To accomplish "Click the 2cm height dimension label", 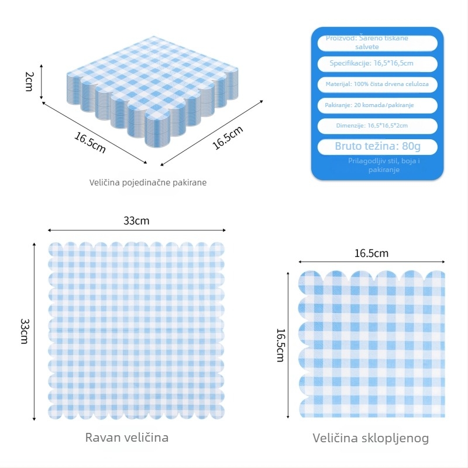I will (x=28, y=81).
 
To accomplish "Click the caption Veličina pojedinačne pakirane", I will (x=148, y=183).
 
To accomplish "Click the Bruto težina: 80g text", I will (x=377, y=146).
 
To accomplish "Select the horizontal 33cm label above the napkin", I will (x=136, y=221).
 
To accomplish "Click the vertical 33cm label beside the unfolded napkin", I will (x=24, y=331).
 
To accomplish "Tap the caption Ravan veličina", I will (x=127, y=437).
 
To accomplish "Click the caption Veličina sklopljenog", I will (x=371, y=438).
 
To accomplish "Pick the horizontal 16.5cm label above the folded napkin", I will (x=371, y=253).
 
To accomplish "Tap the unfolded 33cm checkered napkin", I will (x=136, y=331).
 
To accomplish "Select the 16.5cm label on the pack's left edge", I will (x=90, y=143).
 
